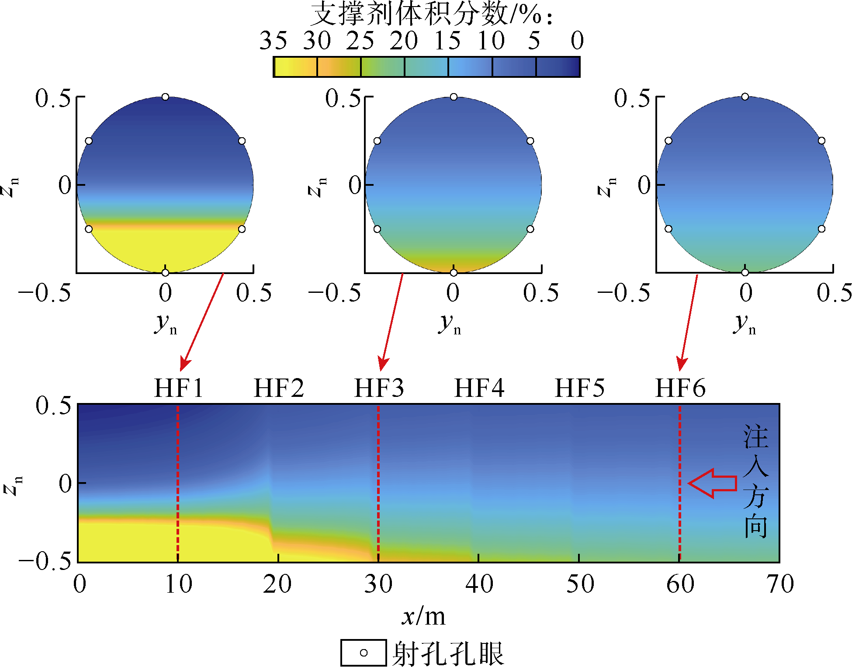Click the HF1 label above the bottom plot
179,388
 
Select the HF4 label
479,388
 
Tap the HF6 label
680,388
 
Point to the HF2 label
279,388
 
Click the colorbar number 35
273,41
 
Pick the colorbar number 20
404,41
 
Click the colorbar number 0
577,41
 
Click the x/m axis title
423,617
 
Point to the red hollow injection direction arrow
712,483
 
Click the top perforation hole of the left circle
165,97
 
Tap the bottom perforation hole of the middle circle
454,273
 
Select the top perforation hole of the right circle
745,97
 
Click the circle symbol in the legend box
364,653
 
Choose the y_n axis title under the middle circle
450,324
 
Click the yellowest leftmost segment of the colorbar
295,67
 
